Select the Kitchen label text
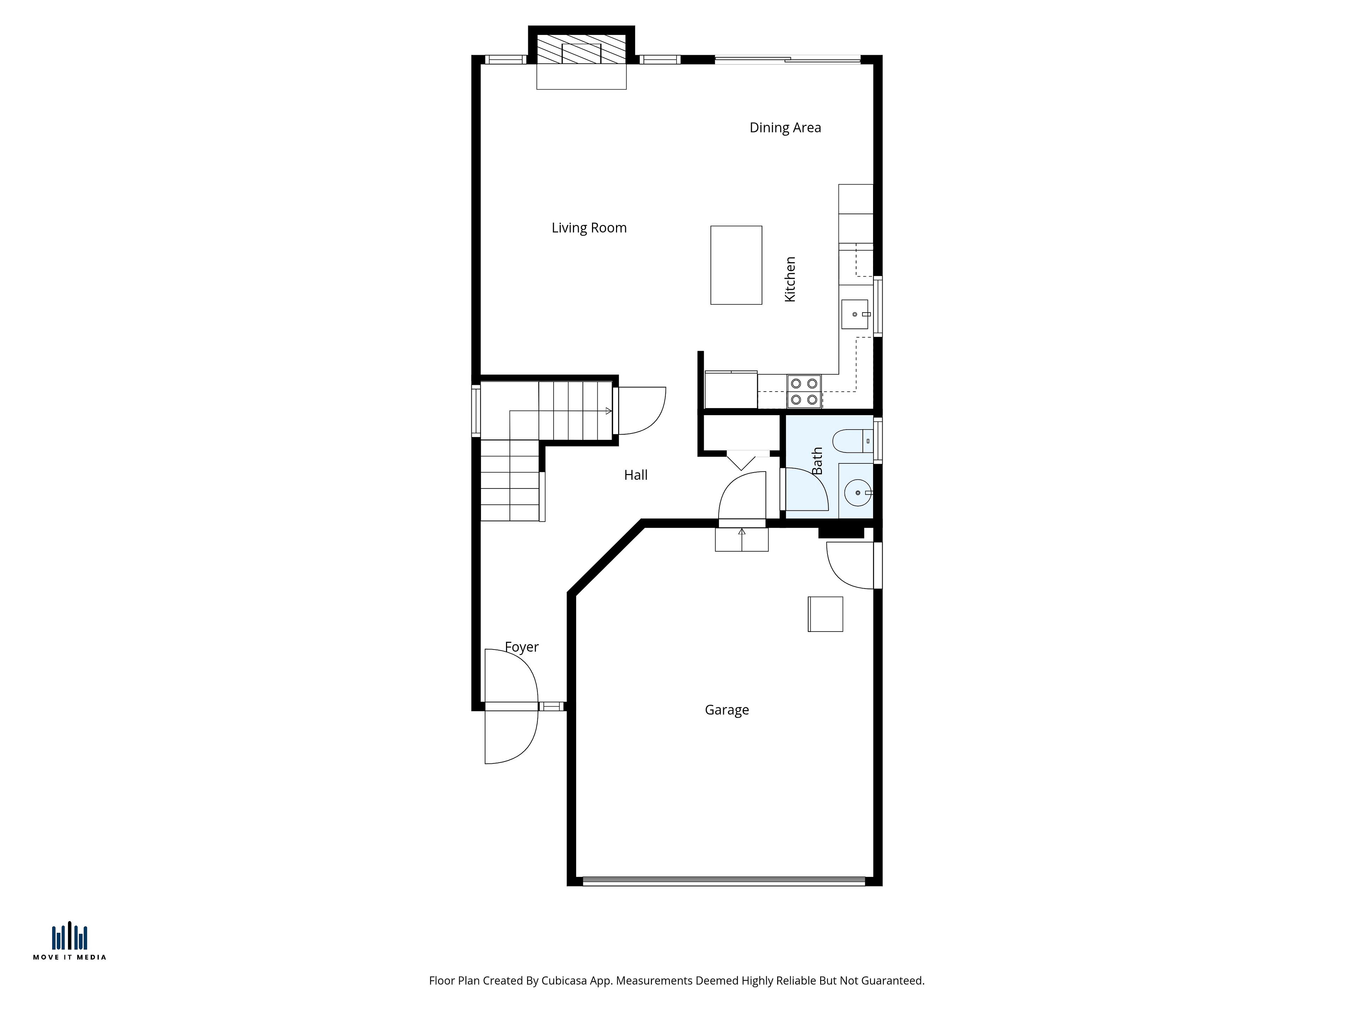click(x=790, y=279)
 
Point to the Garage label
click(x=727, y=710)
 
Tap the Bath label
click(x=817, y=461)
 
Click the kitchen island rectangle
click(x=736, y=265)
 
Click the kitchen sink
click(x=854, y=314)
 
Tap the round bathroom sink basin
click(x=858, y=492)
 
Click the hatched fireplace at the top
click(x=581, y=49)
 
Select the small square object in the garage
click(x=825, y=614)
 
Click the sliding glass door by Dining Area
click(x=788, y=59)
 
